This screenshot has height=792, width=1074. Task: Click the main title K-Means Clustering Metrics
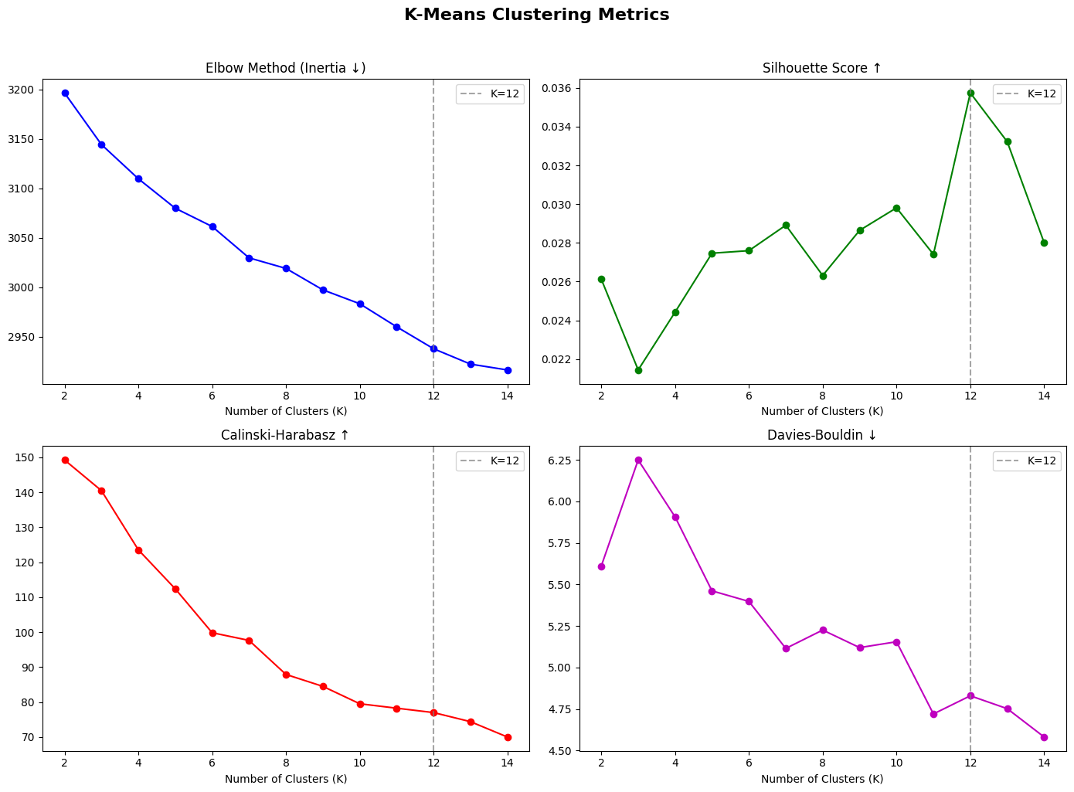(536, 15)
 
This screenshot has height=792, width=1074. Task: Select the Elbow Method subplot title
(285, 68)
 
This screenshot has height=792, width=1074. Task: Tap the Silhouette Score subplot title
(822, 68)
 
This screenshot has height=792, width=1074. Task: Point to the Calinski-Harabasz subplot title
(285, 435)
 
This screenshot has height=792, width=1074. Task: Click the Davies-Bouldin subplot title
(822, 435)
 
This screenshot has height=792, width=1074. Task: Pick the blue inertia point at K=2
(65, 93)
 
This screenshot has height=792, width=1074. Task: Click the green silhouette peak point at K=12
(970, 93)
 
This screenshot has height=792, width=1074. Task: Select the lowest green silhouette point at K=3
(638, 370)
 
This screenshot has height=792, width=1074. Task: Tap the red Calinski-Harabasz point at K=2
(65, 460)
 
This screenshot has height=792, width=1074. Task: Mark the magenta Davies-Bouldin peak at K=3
(638, 460)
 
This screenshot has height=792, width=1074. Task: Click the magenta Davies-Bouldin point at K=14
(1044, 737)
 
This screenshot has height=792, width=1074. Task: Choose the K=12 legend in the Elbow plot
(490, 94)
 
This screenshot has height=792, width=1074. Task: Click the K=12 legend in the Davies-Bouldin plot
(1026, 461)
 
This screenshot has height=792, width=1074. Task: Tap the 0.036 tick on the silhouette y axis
(558, 88)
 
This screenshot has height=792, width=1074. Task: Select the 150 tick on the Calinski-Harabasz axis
(31, 457)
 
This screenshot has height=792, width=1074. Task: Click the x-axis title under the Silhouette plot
(822, 411)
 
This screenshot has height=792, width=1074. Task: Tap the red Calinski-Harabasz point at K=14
(508, 737)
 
